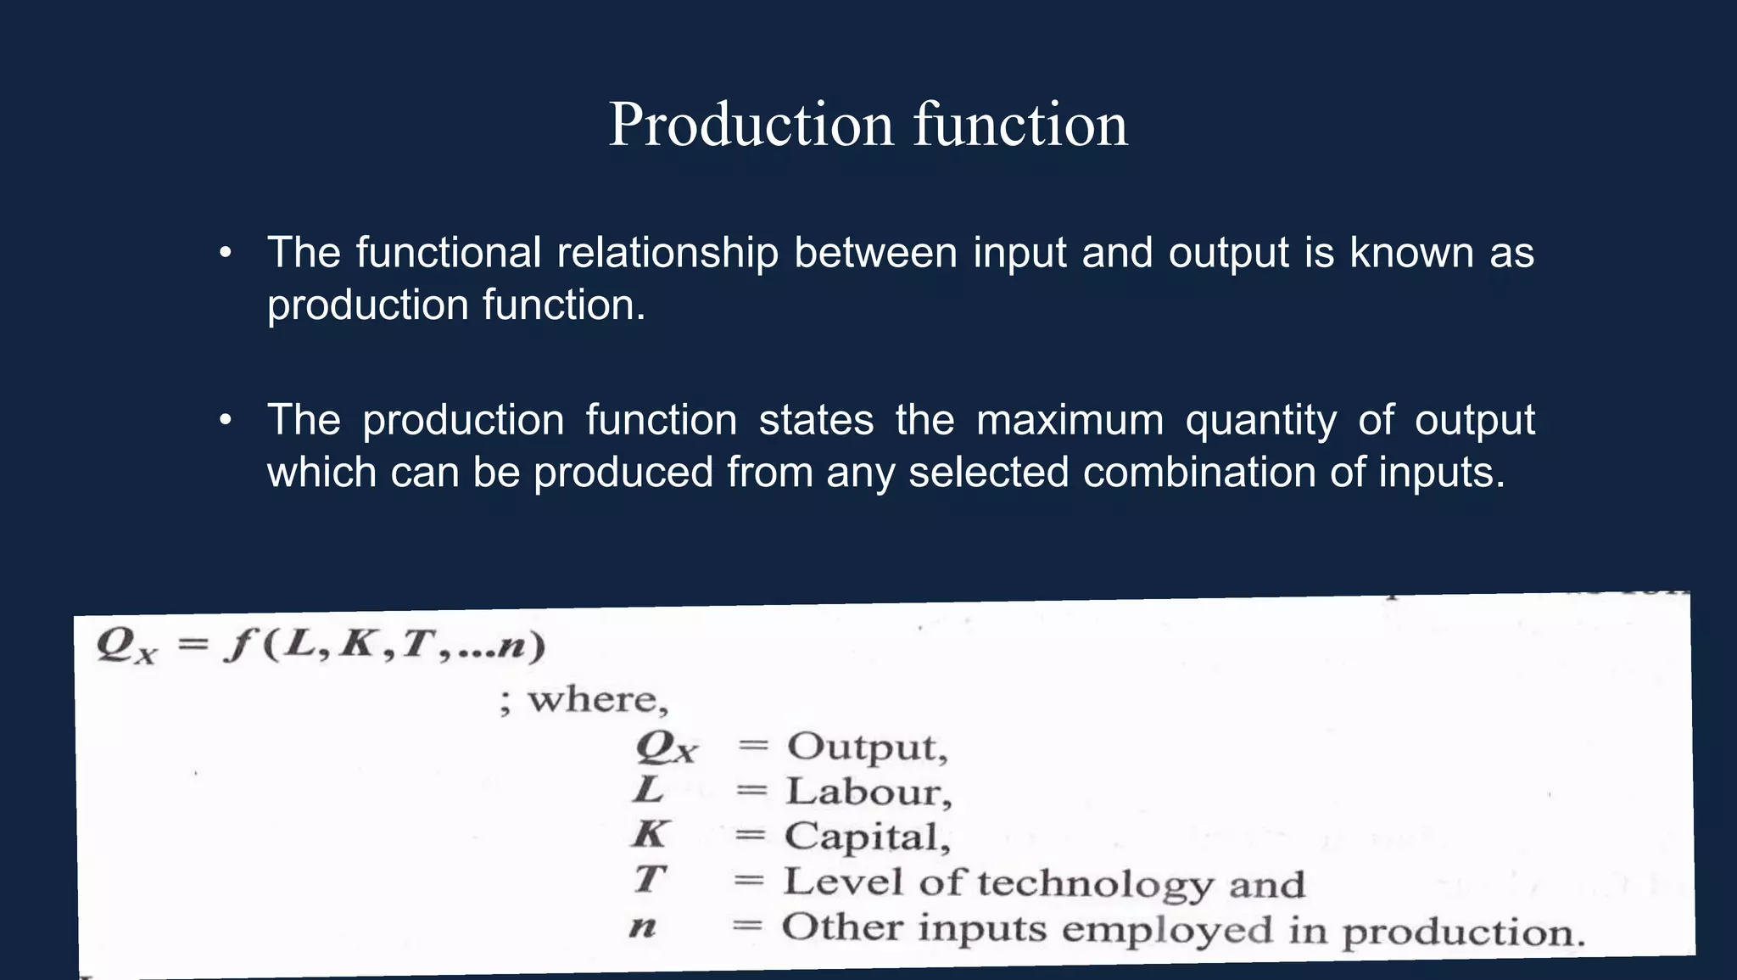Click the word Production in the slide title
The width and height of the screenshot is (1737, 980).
coord(751,125)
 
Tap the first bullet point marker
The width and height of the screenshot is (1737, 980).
coord(225,253)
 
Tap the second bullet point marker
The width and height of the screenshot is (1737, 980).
coord(225,420)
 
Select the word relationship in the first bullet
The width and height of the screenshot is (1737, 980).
coord(667,253)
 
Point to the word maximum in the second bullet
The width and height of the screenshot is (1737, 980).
coord(1070,420)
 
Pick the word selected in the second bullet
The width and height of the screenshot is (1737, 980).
coord(988,472)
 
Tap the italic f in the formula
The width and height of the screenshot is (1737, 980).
coord(239,646)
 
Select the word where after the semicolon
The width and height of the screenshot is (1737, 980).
coord(592,700)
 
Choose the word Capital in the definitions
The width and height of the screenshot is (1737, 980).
coord(862,837)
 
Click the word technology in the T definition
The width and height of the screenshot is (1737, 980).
coord(1095,884)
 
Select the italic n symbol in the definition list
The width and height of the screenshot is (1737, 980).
coord(643,927)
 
